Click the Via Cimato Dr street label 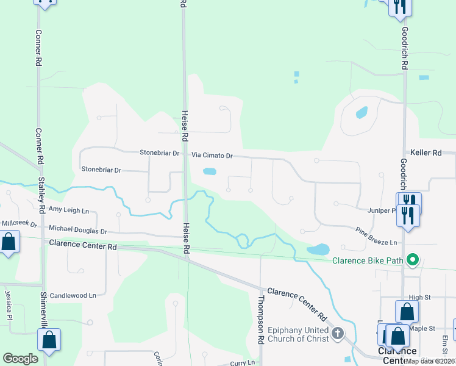[213, 156]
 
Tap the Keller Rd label [426, 152]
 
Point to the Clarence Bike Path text [368, 260]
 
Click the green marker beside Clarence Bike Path [413, 260]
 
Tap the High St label [420, 298]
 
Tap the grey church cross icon [338, 334]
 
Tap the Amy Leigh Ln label [68, 210]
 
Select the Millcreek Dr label [18, 224]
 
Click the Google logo [21, 359]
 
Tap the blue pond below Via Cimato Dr [209, 171]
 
